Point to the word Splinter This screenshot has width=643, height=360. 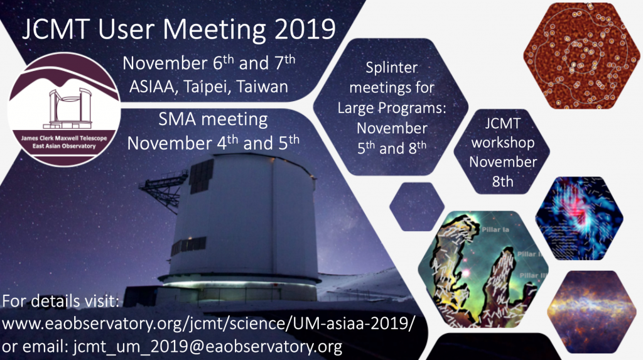pyautogui.click(x=392, y=68)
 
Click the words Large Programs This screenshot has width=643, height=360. pyautogui.click(x=392, y=108)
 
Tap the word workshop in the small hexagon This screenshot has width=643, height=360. pyautogui.click(x=503, y=143)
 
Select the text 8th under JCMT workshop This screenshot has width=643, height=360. pyautogui.click(x=503, y=181)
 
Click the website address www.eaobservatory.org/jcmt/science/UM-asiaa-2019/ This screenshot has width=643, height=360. pyautogui.click(x=208, y=324)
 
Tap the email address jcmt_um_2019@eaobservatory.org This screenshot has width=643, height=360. pyautogui.click(x=208, y=347)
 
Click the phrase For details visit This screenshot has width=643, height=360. pyautogui.click(x=61, y=301)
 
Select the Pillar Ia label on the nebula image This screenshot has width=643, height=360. pyautogui.click(x=495, y=229)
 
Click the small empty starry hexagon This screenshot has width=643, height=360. pyautogui.click(x=417, y=207)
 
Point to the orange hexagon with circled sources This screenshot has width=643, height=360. pyautogui.click(x=581, y=56)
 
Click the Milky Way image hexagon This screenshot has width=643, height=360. pyautogui.click(x=592, y=312)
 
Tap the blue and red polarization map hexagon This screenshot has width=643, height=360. pyautogui.click(x=579, y=219)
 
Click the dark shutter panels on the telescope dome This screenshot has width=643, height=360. pyautogui.click(x=202, y=176)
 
